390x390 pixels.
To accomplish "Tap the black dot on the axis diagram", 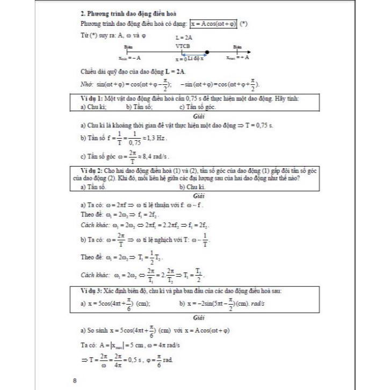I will tap(207, 53).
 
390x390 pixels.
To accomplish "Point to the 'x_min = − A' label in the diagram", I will tap(129, 58).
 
